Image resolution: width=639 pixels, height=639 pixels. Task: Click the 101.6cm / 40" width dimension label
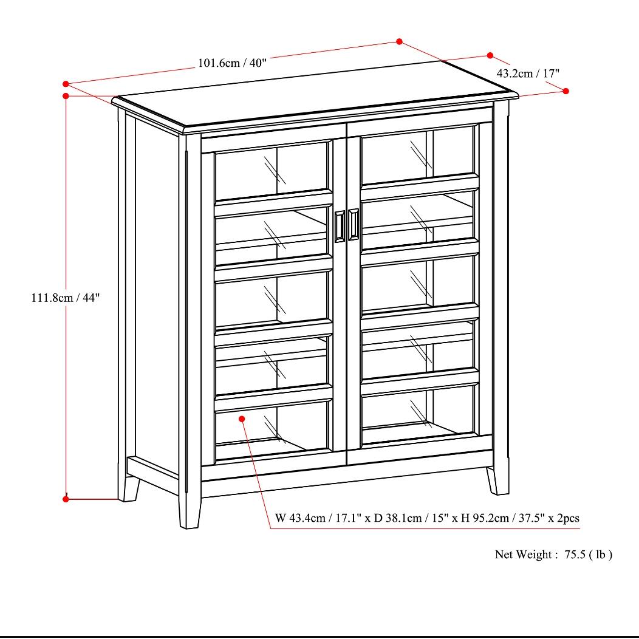(232, 63)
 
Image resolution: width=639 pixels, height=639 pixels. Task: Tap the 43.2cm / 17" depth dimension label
(528, 73)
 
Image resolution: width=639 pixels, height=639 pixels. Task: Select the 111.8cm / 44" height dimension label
(65, 298)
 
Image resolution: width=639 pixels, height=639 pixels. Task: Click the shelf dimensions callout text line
(427, 518)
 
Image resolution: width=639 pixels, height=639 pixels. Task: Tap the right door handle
(354, 225)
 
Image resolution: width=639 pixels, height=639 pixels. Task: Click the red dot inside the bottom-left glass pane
(242, 419)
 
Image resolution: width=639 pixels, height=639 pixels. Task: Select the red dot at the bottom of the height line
(66, 499)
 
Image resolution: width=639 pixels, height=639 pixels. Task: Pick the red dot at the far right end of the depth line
(566, 91)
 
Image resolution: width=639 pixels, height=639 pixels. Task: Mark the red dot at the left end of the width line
(66, 83)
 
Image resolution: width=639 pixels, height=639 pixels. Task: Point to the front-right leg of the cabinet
(497, 480)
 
